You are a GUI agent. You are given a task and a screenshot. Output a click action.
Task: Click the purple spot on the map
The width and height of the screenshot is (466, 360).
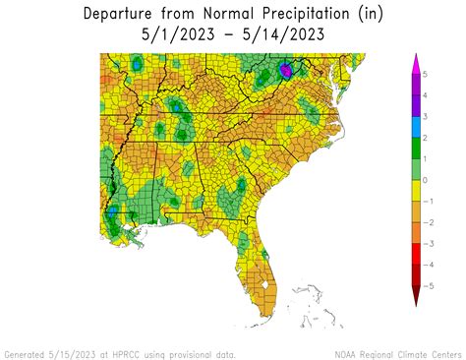pyautogui.click(x=286, y=70)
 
